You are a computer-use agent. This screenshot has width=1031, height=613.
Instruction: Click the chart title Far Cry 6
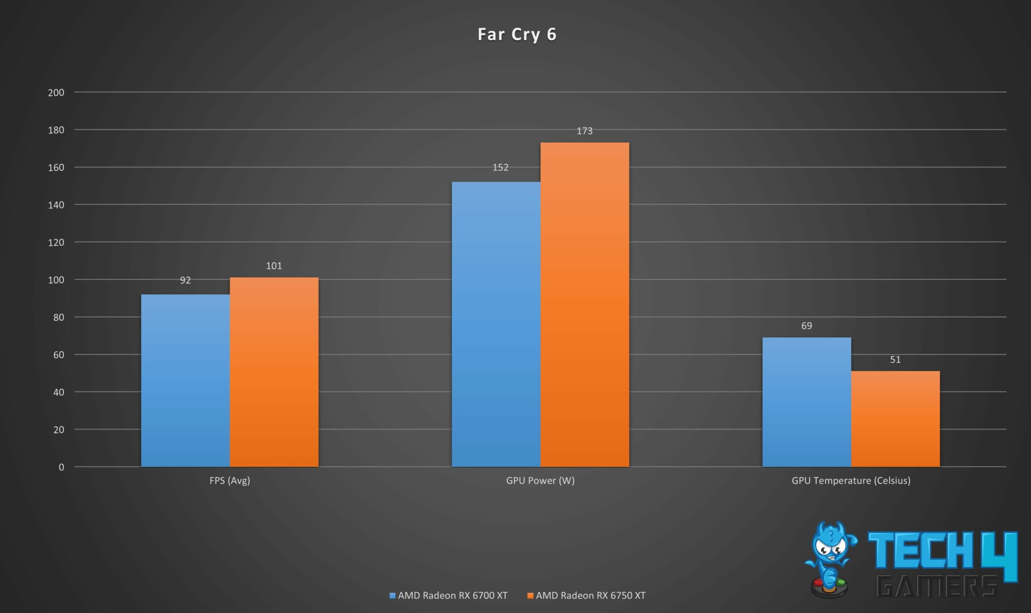517,34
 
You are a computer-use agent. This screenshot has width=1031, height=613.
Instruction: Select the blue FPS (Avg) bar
185,380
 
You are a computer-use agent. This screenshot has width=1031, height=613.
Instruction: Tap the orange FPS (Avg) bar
274,372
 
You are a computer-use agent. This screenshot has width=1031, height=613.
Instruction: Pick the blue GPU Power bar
496,324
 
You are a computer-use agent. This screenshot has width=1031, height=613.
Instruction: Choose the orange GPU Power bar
584,304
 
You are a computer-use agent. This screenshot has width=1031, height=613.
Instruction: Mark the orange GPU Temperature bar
895,419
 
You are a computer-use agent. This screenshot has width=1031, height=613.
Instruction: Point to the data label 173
584,131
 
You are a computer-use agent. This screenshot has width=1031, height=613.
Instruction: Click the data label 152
500,167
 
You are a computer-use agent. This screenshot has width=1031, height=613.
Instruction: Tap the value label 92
185,280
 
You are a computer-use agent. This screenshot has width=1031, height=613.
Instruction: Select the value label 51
895,360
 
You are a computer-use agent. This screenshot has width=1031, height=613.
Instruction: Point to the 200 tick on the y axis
56,93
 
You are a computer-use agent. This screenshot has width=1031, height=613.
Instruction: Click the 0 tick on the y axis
61,467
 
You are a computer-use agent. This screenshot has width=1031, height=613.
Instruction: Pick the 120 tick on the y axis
56,242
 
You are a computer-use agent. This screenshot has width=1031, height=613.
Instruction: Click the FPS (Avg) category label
230,481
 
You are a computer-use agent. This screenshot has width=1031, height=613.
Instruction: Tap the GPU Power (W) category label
540,481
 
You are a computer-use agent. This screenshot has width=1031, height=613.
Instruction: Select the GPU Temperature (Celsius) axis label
851,481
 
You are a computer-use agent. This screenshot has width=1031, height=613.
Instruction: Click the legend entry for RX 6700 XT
449,595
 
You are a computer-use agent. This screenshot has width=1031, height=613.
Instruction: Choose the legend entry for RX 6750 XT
586,595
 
